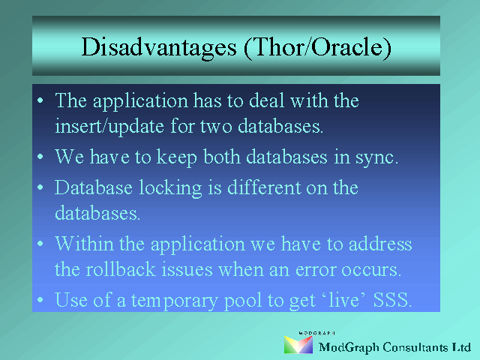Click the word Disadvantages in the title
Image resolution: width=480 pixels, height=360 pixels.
click(159, 47)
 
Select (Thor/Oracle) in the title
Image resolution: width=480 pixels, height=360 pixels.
click(317, 47)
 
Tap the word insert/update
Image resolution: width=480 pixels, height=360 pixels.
click(109, 126)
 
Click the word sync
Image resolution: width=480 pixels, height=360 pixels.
click(376, 157)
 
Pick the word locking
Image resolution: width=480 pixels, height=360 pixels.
click(170, 187)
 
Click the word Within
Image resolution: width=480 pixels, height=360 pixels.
click(85, 244)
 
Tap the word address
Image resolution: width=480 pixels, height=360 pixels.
click(380, 244)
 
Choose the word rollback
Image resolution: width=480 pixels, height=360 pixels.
click(121, 269)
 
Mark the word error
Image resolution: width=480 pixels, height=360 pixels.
click(316, 271)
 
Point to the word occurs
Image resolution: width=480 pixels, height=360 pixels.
click(371, 271)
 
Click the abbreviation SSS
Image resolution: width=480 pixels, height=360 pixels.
click(392, 299)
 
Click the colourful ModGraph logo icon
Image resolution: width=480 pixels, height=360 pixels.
click(298, 344)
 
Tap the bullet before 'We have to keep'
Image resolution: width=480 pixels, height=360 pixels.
click(40, 157)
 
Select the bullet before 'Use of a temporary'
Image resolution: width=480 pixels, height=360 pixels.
click(40, 300)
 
